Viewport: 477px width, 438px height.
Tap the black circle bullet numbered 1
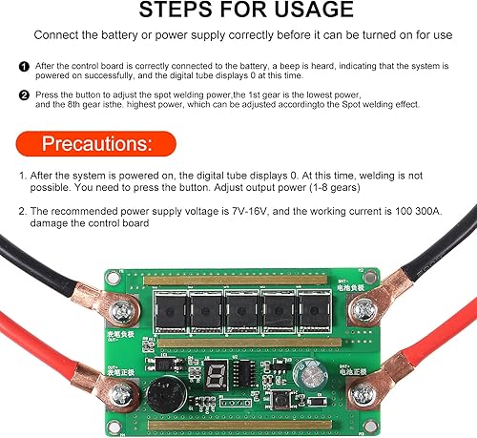pos(23,66)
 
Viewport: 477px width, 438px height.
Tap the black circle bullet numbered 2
pos(23,95)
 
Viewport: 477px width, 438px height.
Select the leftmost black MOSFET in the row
pos(170,309)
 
